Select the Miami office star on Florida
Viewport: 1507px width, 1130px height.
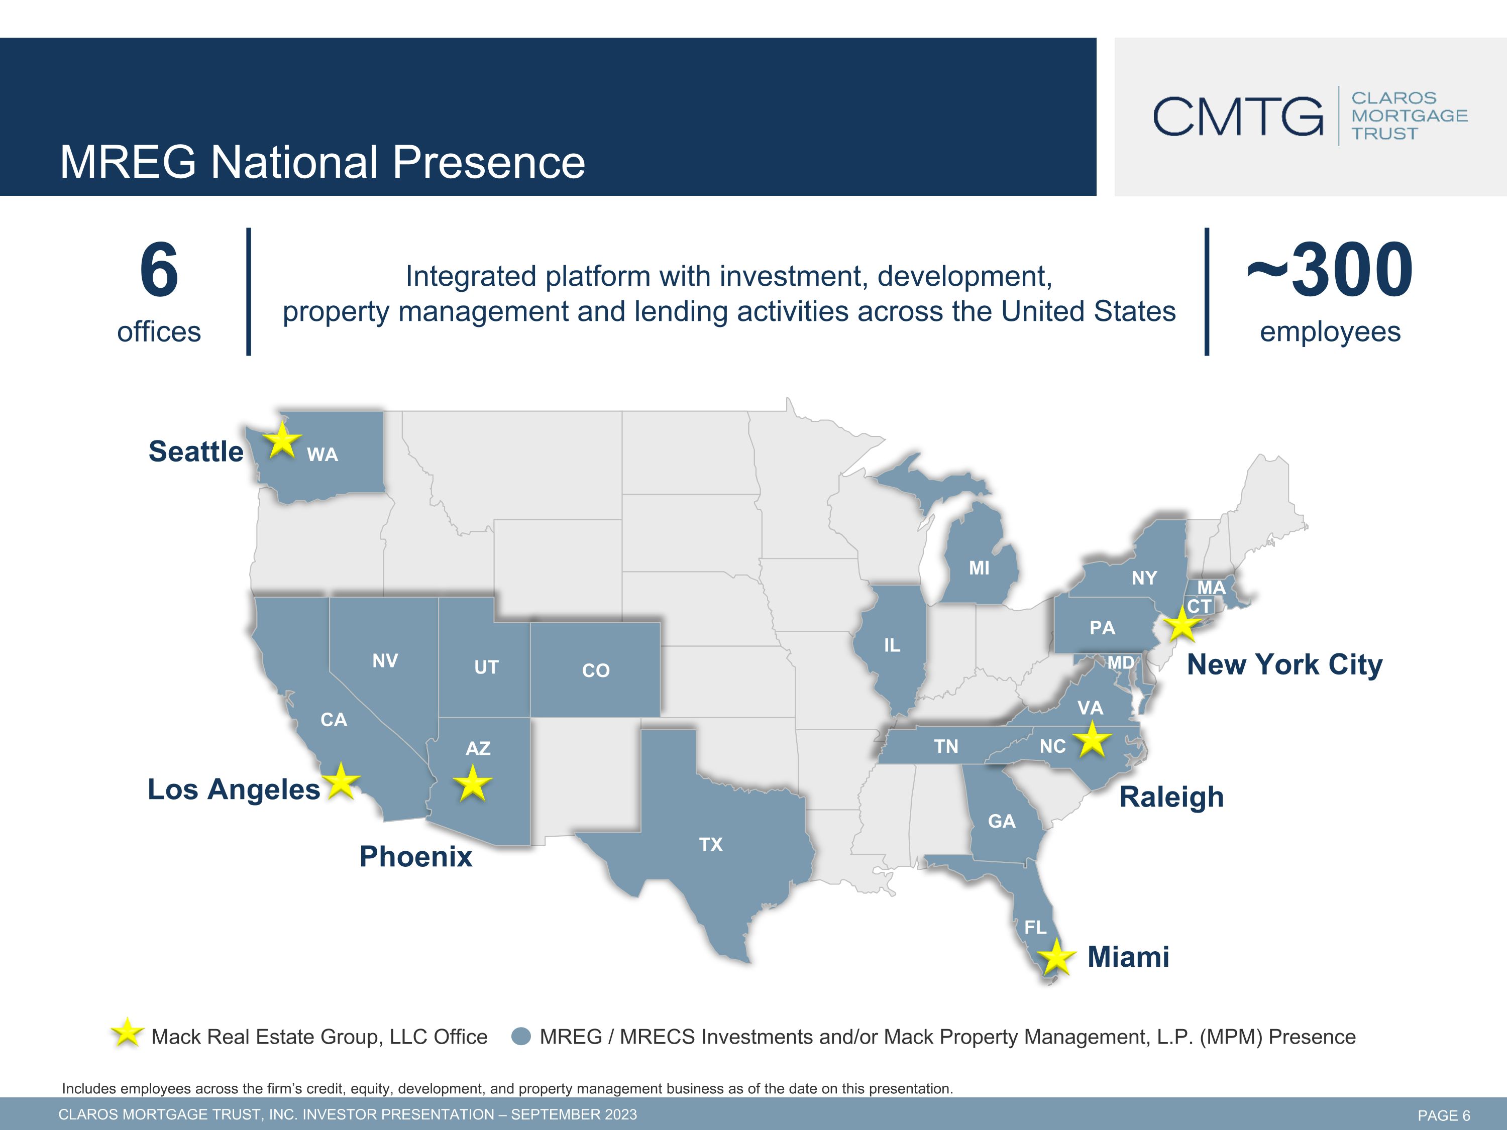(x=1056, y=957)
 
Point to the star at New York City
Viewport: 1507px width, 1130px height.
(x=1182, y=623)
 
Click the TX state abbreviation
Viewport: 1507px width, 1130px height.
(x=711, y=845)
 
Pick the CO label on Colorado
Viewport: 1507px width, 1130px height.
(x=595, y=671)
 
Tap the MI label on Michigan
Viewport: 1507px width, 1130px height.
(x=979, y=568)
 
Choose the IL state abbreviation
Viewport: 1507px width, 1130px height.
(x=892, y=645)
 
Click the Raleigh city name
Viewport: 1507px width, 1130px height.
(x=1171, y=798)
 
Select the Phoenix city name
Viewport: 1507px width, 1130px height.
(x=415, y=857)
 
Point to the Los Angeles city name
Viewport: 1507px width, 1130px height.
(x=234, y=790)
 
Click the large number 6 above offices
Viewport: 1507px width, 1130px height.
(x=159, y=270)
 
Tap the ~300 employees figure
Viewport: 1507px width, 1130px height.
(x=1330, y=270)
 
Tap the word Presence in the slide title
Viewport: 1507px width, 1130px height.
(x=488, y=162)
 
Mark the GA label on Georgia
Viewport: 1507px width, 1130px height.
(x=1002, y=822)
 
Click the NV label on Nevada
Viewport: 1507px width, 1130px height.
(x=385, y=661)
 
